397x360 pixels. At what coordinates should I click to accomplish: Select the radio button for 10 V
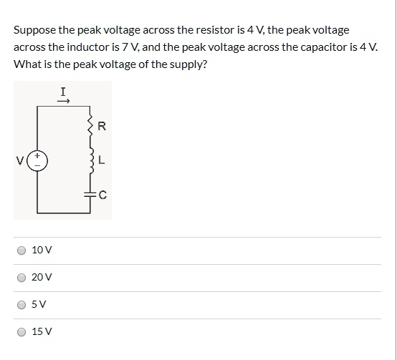tap(22, 250)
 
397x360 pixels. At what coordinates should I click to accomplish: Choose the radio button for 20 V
tap(22, 277)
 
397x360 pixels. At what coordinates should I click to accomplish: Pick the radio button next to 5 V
tap(22, 304)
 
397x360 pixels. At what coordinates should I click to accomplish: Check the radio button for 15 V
tap(22, 331)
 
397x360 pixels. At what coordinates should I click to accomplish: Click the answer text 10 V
tap(42, 250)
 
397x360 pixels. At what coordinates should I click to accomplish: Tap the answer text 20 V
tap(42, 277)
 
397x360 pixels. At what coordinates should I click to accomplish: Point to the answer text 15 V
tap(42, 331)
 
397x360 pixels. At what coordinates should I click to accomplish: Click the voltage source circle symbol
tap(38, 160)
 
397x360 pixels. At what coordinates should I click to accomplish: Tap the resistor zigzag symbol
tap(89, 127)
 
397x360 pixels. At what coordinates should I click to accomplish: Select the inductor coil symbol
tap(89, 160)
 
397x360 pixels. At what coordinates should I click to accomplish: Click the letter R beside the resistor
tap(101, 127)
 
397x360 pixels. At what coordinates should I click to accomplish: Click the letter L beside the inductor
tap(102, 160)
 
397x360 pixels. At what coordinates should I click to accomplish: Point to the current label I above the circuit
tap(64, 91)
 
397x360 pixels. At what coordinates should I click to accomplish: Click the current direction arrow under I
tap(64, 101)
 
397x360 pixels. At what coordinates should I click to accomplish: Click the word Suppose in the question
tap(34, 30)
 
